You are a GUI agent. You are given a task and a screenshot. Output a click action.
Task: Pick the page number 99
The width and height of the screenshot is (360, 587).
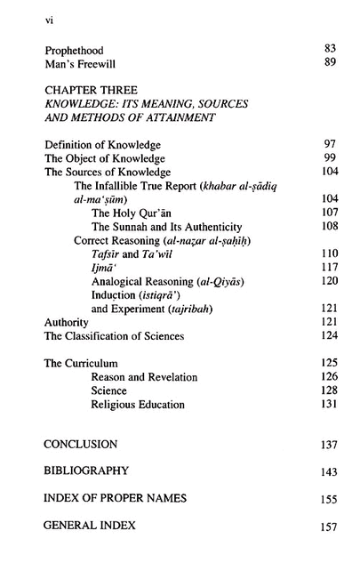(x=329, y=157)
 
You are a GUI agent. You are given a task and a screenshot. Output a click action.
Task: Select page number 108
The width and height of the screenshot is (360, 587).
(x=329, y=227)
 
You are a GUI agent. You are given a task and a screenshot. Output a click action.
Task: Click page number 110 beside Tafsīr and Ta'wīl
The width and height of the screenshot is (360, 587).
(x=329, y=254)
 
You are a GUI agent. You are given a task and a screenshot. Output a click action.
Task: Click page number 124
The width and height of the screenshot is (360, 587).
(x=329, y=336)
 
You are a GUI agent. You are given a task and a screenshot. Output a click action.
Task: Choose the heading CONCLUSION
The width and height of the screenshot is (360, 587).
(x=80, y=443)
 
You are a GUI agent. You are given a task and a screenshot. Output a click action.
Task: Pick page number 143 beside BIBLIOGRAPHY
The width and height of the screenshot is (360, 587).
(x=329, y=472)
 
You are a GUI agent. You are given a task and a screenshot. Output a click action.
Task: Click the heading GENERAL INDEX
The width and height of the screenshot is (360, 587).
(x=89, y=526)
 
